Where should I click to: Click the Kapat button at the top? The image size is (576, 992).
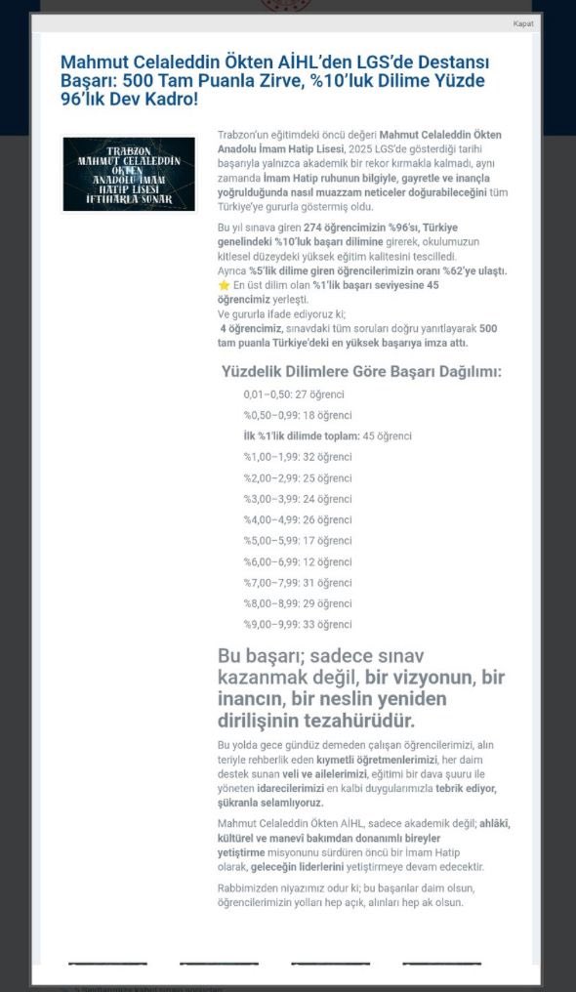point(522,23)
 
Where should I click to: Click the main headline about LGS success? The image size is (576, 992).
point(272,80)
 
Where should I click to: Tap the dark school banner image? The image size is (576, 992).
point(129,174)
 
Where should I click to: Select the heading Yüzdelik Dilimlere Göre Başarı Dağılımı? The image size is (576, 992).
point(361,371)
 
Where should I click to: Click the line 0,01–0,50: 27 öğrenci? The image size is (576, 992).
point(294,394)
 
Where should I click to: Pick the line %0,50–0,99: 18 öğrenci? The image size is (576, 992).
point(298,415)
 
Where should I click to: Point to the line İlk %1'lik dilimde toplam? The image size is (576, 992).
point(327,435)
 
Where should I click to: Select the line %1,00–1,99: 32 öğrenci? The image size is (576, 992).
point(298,457)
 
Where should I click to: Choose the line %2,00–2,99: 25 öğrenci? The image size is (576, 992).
point(298,477)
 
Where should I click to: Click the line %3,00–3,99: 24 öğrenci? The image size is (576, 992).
point(298,499)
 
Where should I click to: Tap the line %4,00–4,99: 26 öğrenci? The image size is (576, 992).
point(298,519)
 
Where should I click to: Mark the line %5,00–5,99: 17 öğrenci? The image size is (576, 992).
point(298,541)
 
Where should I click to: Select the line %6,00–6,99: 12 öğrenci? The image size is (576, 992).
point(298,561)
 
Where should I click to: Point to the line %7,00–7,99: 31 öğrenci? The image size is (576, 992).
point(298,583)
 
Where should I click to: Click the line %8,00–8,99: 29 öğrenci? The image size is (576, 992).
point(298,603)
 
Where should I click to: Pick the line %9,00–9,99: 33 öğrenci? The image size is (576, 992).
point(298,625)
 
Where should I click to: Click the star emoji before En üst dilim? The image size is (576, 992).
point(224,285)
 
